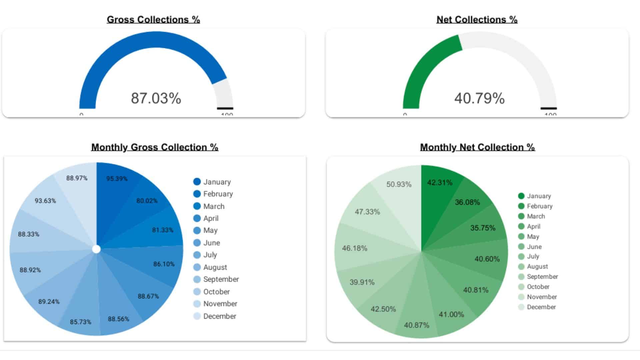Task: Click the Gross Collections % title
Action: tap(153, 20)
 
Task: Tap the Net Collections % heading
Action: tap(477, 20)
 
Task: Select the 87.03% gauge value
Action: tap(156, 98)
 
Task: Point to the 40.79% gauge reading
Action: tap(479, 98)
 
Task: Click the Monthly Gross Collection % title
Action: tap(155, 147)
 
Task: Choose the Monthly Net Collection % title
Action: tap(477, 147)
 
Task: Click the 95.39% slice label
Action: tap(117, 179)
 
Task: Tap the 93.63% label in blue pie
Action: tap(45, 201)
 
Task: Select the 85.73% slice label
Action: tap(80, 322)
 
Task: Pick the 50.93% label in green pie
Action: tap(399, 184)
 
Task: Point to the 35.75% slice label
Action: tap(483, 228)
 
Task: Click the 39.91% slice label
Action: tap(362, 282)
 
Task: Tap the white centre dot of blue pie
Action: tap(96, 249)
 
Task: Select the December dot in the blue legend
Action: tap(197, 316)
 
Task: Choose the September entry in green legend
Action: tap(542, 277)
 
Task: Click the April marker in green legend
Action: tap(521, 227)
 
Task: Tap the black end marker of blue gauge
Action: tap(225, 108)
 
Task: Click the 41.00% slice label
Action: tap(451, 314)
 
